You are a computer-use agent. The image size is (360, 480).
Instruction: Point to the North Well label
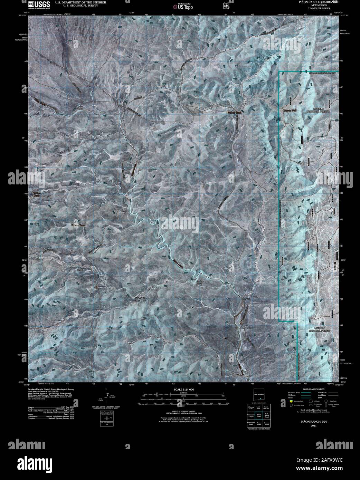coord(290,111)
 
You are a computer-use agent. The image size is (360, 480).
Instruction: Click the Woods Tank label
coord(233,113)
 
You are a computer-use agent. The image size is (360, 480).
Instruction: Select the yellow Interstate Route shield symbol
coord(291,402)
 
